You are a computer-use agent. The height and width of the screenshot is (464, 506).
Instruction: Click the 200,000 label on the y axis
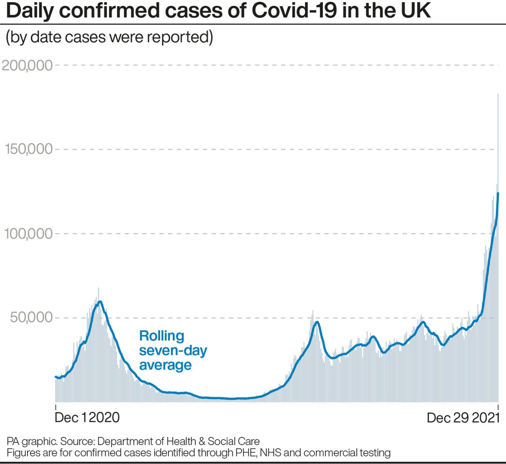27,65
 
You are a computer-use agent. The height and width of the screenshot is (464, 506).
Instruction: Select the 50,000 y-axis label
31,317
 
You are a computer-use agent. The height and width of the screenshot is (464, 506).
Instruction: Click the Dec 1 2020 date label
87,417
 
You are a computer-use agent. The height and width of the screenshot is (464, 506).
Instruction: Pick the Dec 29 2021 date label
463,418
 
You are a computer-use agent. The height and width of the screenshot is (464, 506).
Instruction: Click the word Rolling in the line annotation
162,336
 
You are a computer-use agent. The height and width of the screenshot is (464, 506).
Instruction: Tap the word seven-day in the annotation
173,351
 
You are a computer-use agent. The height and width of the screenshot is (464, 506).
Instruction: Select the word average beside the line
166,365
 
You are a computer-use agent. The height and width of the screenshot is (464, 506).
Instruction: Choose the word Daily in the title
30,10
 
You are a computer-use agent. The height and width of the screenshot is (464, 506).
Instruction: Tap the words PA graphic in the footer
31,441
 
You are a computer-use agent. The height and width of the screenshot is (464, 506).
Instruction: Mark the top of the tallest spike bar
498,94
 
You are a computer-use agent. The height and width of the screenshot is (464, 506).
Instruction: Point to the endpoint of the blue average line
498,193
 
